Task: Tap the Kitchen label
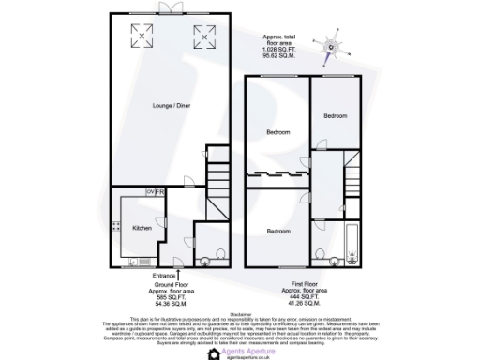(x=142, y=228)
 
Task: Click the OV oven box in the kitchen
(x=149, y=191)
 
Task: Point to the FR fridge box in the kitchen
(x=159, y=191)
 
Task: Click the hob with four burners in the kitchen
(x=115, y=226)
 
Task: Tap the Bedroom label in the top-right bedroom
(x=337, y=116)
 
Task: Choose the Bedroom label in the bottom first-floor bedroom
(x=277, y=231)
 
